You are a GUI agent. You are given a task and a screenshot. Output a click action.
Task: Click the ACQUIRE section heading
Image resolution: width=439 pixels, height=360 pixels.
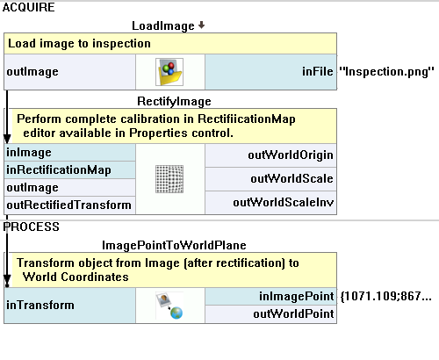[28, 7]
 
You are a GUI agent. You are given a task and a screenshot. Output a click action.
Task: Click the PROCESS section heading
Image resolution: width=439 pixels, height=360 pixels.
[31, 227]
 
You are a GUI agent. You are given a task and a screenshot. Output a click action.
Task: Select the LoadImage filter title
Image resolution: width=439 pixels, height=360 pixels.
[163, 26]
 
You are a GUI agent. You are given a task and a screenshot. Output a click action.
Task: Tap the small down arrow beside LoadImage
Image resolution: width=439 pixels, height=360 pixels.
[201, 25]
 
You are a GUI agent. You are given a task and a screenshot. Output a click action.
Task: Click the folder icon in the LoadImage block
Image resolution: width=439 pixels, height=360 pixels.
[169, 72]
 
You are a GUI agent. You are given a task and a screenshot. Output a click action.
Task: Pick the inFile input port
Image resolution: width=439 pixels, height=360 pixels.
[318, 72]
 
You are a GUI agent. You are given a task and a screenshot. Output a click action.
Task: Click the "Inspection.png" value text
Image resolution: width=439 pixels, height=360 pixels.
[386, 72]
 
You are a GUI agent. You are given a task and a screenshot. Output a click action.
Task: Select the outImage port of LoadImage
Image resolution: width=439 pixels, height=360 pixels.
[32, 72]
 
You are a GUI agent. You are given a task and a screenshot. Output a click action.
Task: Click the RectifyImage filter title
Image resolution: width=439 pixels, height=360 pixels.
[174, 102]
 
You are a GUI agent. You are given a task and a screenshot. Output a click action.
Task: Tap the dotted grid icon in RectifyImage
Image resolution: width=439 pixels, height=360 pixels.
[169, 179]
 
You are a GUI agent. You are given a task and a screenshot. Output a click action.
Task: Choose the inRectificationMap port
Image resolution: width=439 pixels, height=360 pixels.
[59, 170]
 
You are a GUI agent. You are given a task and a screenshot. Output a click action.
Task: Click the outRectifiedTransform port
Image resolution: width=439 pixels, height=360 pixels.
[68, 205]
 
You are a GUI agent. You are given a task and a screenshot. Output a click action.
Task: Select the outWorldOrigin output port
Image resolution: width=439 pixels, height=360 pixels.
[291, 155]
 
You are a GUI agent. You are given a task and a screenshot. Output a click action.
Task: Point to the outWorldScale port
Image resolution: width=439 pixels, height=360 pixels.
[291, 179]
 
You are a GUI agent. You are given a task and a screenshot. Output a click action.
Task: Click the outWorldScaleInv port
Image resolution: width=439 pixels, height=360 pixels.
[284, 203]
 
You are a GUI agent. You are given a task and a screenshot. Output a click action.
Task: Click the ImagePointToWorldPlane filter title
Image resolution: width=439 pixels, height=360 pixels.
[174, 245]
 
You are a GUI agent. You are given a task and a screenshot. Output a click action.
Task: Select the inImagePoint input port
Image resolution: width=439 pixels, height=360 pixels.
[296, 297]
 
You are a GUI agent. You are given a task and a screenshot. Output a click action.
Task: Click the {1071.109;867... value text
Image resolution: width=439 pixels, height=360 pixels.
[386, 297]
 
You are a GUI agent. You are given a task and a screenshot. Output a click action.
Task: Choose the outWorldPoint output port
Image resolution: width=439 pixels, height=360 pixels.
[293, 314]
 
